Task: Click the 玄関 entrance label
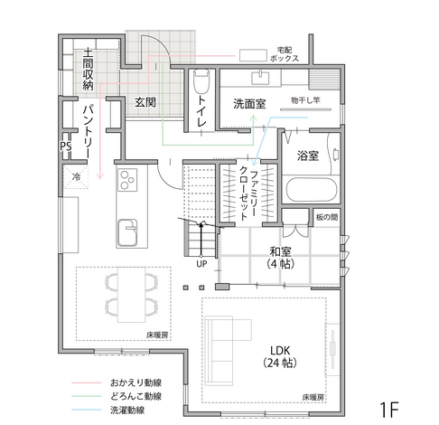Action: pyautogui.click(x=145, y=102)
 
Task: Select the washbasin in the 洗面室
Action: pyautogui.click(x=260, y=77)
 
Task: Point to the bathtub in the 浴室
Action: pyautogui.click(x=311, y=190)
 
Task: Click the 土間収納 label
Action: pyautogui.click(x=88, y=69)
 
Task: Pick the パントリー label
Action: pyautogui.click(x=89, y=131)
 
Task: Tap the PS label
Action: pyautogui.click(x=66, y=146)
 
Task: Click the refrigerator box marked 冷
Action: pyautogui.click(x=76, y=176)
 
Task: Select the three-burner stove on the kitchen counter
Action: pyautogui.click(x=127, y=180)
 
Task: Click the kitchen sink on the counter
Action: pyautogui.click(x=127, y=232)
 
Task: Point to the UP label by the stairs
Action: pyautogui.click(x=201, y=264)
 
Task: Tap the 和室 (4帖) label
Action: pyautogui.click(x=280, y=258)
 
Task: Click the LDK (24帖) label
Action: pyautogui.click(x=280, y=356)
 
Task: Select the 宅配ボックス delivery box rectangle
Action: pyautogui.click(x=253, y=55)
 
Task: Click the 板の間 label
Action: pyautogui.click(x=327, y=217)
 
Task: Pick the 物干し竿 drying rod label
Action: pyautogui.click(x=305, y=100)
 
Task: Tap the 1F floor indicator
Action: pyautogui.click(x=389, y=410)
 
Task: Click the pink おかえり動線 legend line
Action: pyautogui.click(x=87, y=382)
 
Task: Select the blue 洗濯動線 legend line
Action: pyautogui.click(x=87, y=410)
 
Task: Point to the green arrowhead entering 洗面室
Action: pyautogui.click(x=254, y=118)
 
